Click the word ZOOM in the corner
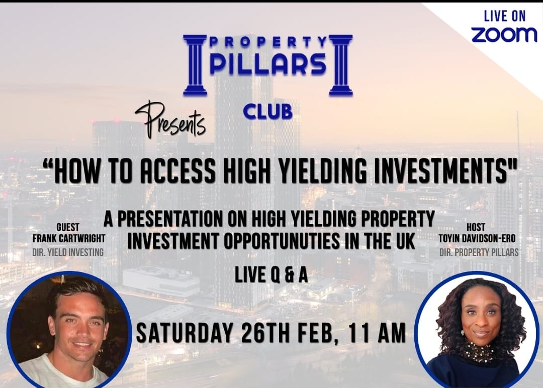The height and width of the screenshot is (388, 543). point(504,34)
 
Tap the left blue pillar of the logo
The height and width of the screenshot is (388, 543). point(195,65)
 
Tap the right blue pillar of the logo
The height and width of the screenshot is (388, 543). point(341,65)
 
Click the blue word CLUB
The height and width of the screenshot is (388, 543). point(267,112)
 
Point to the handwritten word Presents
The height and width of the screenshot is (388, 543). point(170,119)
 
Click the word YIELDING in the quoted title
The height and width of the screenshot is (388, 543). point(323,171)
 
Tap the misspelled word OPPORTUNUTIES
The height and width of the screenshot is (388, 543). point(282,241)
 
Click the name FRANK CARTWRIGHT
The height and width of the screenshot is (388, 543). point(69,238)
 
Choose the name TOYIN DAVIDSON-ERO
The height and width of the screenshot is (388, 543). point(477,238)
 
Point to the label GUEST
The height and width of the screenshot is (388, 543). point(68,227)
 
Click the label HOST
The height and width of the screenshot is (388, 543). point(476,227)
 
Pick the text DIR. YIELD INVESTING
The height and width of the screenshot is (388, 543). point(68,252)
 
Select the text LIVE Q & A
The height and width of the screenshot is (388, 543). point(271,276)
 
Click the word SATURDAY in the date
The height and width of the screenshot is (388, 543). point(184,333)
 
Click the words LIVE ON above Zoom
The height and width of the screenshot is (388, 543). point(504,16)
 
